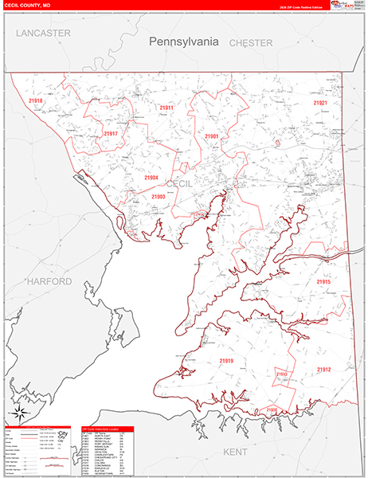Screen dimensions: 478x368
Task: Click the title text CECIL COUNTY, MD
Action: (x=25, y=5)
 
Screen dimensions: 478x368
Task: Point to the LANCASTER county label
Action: (x=43, y=33)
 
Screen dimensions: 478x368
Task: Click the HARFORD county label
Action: (x=48, y=281)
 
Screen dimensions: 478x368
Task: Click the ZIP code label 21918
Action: (x=35, y=101)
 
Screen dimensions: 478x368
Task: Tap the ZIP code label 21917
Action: (x=110, y=133)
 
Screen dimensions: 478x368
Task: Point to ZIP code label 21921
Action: (x=320, y=104)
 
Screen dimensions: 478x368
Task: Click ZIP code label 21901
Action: (x=211, y=136)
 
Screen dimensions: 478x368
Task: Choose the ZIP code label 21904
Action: (x=151, y=178)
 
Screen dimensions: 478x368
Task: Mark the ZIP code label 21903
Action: (x=159, y=196)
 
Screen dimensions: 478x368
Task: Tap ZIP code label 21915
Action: (x=323, y=282)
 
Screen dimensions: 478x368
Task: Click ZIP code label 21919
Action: (x=227, y=361)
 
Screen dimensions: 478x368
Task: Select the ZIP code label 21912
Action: (x=323, y=370)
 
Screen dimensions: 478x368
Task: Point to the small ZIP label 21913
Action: (x=281, y=374)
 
